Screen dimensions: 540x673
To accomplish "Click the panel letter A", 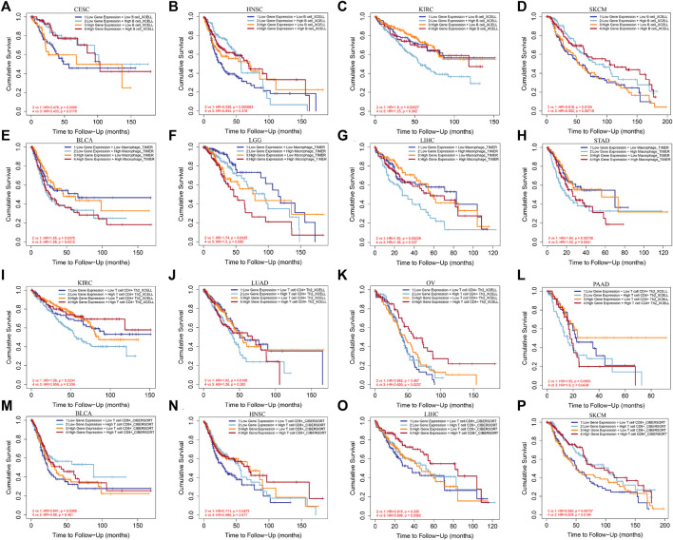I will (6, 6).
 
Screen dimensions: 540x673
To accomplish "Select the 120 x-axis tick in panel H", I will (658, 257).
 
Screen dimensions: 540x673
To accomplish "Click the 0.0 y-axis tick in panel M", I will (20, 519).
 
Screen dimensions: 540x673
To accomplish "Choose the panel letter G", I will (347, 140).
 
